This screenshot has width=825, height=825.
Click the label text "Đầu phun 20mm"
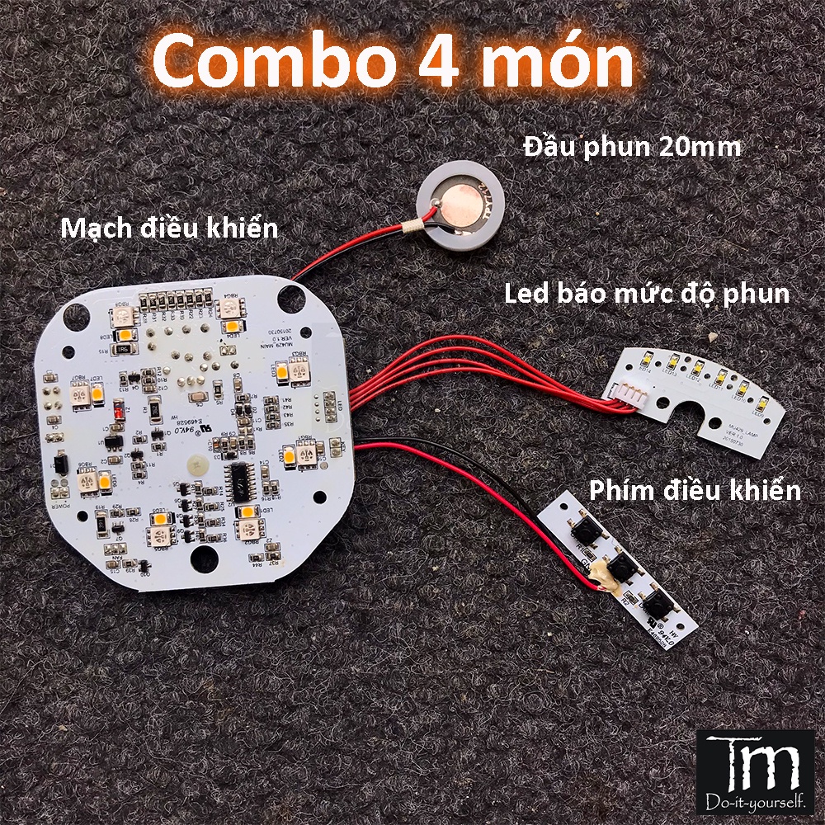click(632, 148)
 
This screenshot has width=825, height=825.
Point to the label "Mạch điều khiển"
click(169, 228)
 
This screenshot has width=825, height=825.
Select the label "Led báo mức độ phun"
click(646, 293)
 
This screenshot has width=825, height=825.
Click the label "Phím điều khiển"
click(695, 491)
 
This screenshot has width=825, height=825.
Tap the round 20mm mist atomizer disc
click(460, 203)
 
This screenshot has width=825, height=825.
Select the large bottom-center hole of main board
click(201, 559)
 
